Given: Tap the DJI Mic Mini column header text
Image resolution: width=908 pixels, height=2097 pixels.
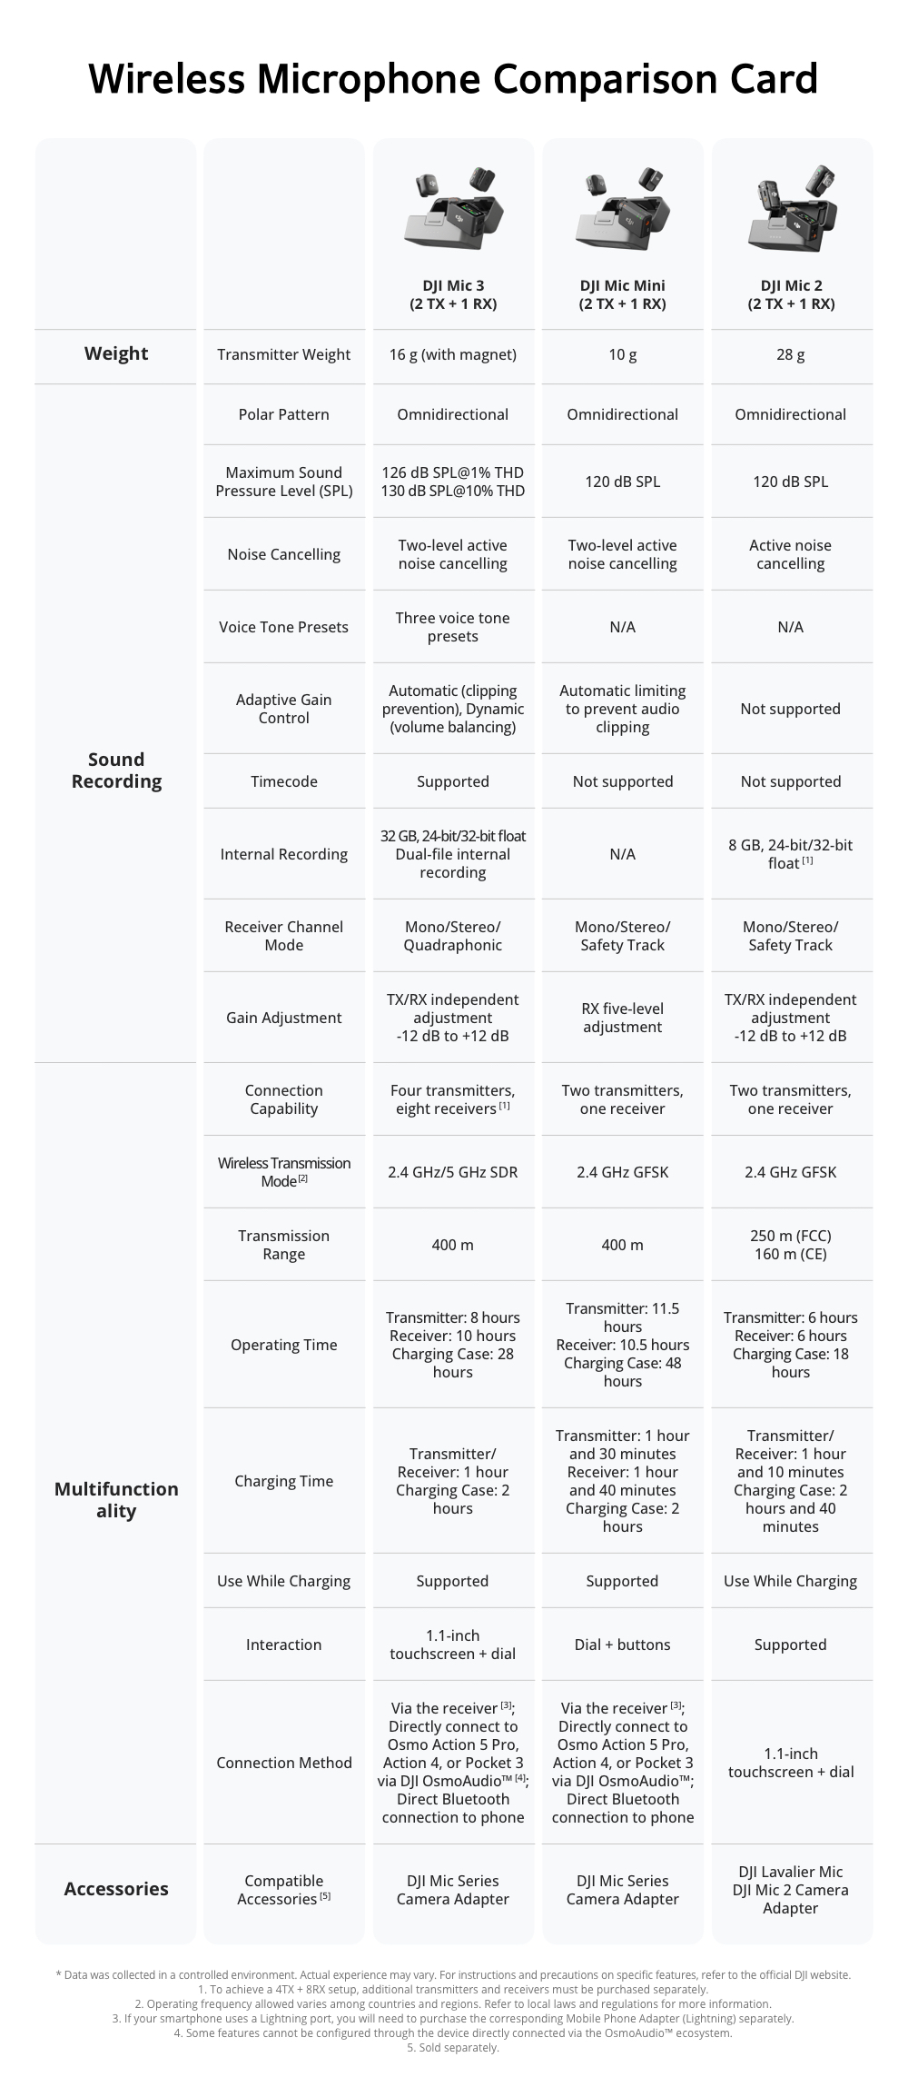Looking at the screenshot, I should tap(622, 294).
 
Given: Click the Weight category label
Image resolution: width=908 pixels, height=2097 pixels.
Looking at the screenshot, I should tap(116, 353).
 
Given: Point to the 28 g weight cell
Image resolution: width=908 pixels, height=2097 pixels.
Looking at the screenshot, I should tap(790, 354).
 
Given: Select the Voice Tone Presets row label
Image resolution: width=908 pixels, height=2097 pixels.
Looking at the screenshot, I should tap(283, 627).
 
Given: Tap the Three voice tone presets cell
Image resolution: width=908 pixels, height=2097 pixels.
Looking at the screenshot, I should tap(452, 627).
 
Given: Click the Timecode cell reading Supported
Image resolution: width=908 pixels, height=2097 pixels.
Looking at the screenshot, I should tap(452, 781).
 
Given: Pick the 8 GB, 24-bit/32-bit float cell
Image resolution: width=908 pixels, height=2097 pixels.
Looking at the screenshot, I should tap(790, 854).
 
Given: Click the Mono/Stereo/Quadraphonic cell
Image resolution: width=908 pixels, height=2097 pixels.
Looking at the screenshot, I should tap(452, 936).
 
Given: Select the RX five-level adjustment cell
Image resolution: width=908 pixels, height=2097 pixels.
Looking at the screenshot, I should tap(622, 1018).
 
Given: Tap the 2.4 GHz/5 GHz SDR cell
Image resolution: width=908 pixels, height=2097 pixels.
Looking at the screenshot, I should tap(452, 1172).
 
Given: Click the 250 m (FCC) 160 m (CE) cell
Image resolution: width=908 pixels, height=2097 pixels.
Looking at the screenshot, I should tap(790, 1245).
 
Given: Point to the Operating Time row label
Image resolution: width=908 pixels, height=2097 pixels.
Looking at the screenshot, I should tap(283, 1345).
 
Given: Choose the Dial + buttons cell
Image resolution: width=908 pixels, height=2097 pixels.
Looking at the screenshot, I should tap(622, 1645).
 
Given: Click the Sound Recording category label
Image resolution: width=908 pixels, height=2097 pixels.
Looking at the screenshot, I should tap(116, 770).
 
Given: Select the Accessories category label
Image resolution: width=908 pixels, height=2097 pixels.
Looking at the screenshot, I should tap(116, 1889).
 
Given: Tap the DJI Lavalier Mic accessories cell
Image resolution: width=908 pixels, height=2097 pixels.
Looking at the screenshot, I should tap(790, 1890).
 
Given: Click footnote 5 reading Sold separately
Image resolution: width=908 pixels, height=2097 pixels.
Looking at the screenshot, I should tap(453, 2047).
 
